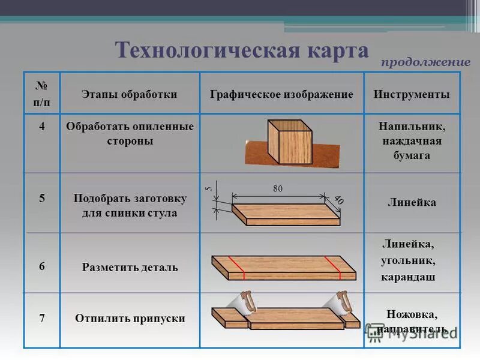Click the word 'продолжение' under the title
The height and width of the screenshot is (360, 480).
[425, 62]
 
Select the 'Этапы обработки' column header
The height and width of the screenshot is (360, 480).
[129, 95]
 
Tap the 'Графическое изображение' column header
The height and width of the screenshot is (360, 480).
[281, 95]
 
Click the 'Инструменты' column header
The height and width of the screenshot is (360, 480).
[411, 95]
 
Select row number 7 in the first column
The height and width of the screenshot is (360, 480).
[42, 318]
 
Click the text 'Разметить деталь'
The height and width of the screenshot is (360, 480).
[130, 267]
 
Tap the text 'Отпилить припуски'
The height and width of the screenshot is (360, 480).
[130, 319]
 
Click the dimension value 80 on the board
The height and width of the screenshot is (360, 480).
[277, 189]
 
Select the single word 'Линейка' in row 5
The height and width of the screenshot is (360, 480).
[411, 203]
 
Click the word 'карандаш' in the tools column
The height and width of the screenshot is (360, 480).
[407, 278]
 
